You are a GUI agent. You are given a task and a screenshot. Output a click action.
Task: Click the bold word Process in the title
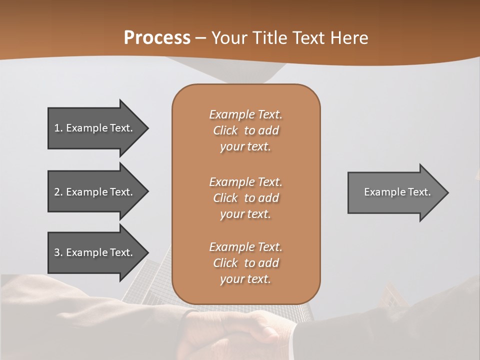click(x=157, y=37)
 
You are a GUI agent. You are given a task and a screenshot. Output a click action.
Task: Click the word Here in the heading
click(x=349, y=37)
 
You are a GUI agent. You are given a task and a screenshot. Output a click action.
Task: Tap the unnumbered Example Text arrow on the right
click(x=395, y=192)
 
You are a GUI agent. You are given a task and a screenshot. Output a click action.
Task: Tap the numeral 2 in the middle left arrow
click(x=57, y=192)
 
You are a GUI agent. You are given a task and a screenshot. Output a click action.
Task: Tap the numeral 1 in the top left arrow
click(x=57, y=128)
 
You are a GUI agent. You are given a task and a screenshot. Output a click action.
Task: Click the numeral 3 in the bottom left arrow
click(x=57, y=252)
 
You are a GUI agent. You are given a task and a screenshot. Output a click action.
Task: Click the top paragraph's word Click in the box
click(x=225, y=130)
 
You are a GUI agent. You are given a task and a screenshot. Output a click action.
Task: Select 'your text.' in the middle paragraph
click(x=245, y=214)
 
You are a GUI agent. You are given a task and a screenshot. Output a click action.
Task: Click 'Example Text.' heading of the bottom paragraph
click(x=245, y=247)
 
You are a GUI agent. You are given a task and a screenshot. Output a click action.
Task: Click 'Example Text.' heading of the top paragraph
click(x=245, y=114)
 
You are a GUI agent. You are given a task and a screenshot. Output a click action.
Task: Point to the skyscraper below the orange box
click(x=150, y=290)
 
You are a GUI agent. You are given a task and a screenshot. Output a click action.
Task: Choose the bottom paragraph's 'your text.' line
click(x=245, y=279)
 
